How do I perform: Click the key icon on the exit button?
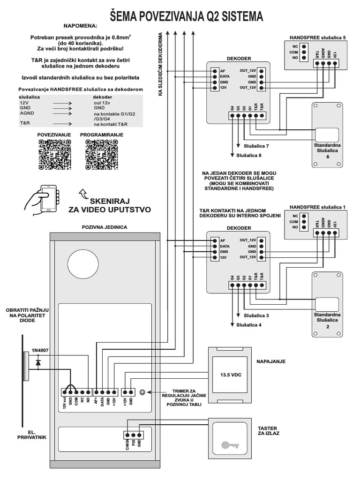point(229,444)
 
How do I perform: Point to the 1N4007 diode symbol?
point(38,362)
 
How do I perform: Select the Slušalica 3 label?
point(256,315)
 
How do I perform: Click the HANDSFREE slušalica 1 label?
point(317,207)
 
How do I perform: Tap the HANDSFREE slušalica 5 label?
point(317,37)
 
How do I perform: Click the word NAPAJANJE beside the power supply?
point(270,362)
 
